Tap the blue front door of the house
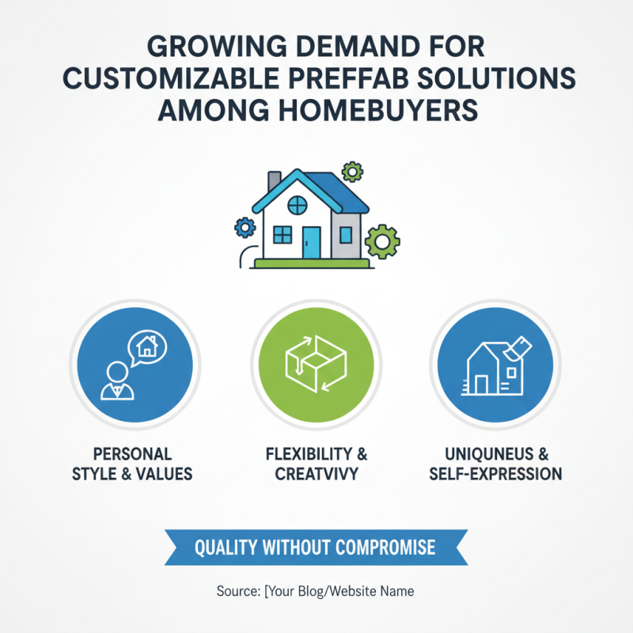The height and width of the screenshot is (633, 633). tap(312, 241)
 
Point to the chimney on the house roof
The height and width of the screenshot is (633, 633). tap(274, 182)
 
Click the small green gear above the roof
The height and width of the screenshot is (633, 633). tap(352, 170)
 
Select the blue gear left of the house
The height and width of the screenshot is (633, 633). tap(245, 228)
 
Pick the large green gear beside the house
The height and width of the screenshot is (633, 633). tap(383, 240)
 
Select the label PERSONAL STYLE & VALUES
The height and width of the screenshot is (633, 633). tap(132, 464)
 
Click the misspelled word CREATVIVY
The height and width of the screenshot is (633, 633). tap(316, 475)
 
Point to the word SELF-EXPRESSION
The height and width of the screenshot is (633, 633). tap(495, 475)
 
